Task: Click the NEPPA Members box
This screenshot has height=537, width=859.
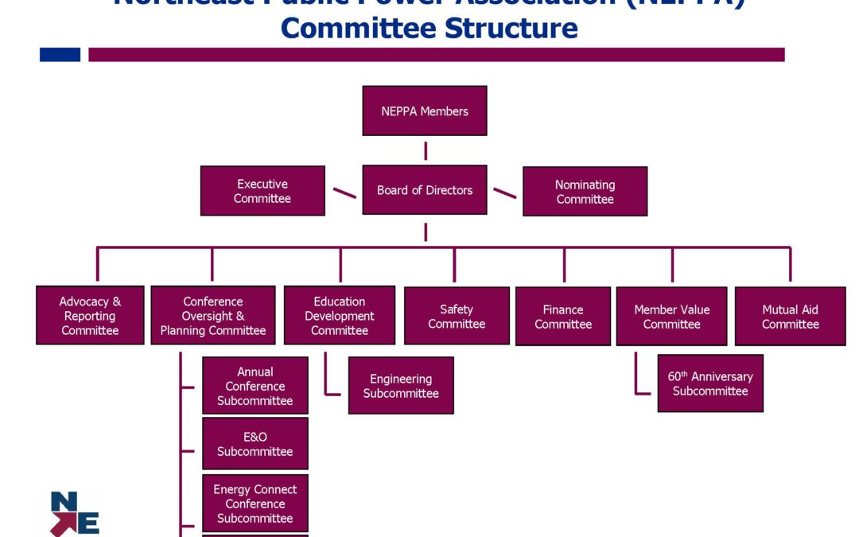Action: click(424, 111)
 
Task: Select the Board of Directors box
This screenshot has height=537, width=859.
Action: click(424, 190)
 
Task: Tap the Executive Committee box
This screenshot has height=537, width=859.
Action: click(262, 191)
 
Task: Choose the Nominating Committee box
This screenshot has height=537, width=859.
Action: click(585, 192)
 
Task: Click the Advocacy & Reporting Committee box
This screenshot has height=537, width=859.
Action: click(90, 316)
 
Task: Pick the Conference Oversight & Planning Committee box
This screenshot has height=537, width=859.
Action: click(213, 316)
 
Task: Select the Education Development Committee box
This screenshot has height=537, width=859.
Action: click(340, 316)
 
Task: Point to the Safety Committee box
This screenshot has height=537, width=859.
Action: click(457, 316)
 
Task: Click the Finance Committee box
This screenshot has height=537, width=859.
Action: click(563, 317)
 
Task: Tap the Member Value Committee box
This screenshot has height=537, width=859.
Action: click(671, 317)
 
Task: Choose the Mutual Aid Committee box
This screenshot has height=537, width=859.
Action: click(790, 317)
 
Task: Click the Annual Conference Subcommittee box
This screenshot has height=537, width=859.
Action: click(255, 386)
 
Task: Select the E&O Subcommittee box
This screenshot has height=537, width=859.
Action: click(255, 444)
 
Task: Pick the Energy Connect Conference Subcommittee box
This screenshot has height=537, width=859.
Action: click(255, 504)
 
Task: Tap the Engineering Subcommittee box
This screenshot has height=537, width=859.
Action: click(401, 386)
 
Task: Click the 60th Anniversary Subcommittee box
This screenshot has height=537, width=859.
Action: click(710, 383)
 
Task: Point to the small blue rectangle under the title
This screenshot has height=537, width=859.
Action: click(60, 54)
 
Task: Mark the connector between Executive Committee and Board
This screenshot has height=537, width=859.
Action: click(344, 193)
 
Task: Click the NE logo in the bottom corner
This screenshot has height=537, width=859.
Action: click(75, 514)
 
